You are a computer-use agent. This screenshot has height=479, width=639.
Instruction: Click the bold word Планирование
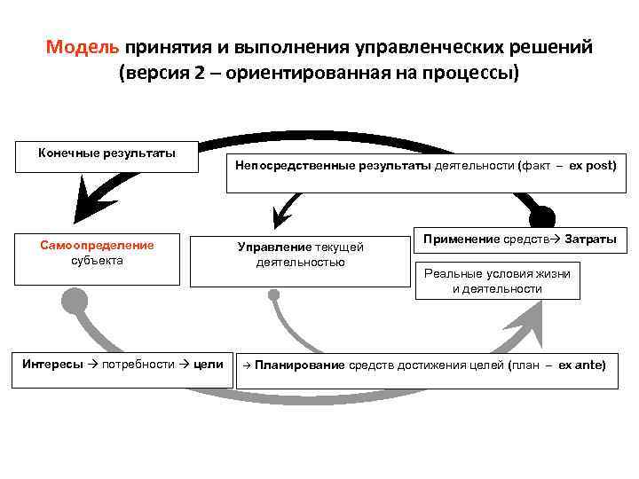[x=298, y=364]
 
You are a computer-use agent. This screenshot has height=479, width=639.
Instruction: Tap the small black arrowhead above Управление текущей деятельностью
[x=281, y=216]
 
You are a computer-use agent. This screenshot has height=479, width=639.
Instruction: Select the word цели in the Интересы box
[x=209, y=364]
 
